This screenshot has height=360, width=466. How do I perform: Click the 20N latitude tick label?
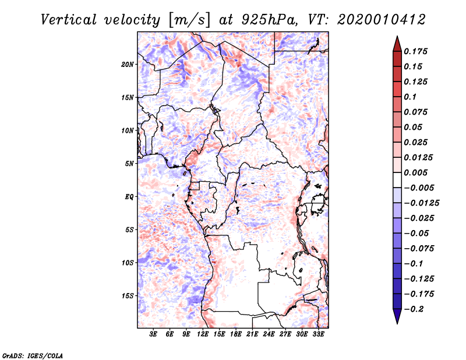128,65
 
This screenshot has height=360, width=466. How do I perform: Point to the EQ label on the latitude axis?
129,197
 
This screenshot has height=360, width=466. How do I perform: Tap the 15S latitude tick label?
128,296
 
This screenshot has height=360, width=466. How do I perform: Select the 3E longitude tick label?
153,334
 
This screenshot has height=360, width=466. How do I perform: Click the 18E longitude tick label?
236,334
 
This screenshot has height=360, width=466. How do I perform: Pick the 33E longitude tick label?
318,334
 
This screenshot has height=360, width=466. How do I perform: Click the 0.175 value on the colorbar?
415,51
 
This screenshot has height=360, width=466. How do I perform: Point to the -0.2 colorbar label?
414,309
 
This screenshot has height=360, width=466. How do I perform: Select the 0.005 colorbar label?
415,172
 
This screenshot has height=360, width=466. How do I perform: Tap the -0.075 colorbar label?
419,249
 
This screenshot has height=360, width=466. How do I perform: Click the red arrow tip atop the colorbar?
397,37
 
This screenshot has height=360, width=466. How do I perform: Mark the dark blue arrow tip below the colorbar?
397,323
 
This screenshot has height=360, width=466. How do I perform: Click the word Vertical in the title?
69,20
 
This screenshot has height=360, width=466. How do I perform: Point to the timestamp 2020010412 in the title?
382,20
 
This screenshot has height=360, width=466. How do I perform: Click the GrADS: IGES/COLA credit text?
33,355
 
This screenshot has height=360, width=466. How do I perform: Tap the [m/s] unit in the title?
190,20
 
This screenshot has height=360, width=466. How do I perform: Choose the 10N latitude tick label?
128,130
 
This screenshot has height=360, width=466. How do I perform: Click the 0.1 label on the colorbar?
410,97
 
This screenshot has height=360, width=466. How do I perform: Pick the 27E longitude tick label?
285,334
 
